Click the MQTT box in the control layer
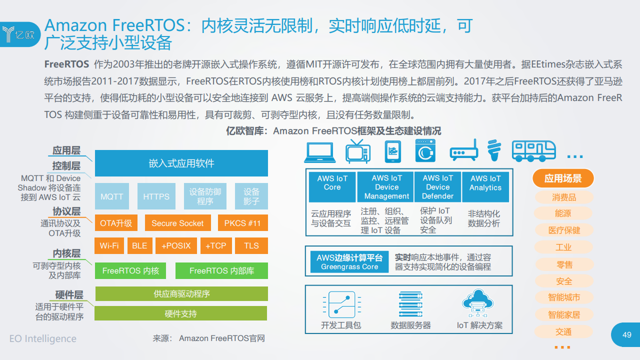(x=111, y=196)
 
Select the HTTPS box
(x=156, y=196)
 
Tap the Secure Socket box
(x=177, y=223)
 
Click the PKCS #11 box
(x=243, y=223)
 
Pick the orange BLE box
(x=139, y=245)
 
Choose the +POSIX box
(x=176, y=245)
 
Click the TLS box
(x=251, y=245)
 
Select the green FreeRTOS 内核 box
(x=130, y=270)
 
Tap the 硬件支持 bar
(x=181, y=313)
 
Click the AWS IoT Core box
(x=332, y=187)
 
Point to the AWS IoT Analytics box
(x=485, y=187)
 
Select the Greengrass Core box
(x=349, y=261)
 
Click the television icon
(x=358, y=151)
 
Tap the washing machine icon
(x=425, y=151)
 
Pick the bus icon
(x=533, y=151)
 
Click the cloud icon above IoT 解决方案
(x=477, y=303)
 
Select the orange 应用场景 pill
(x=563, y=178)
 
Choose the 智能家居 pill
(x=564, y=314)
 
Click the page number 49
(x=627, y=334)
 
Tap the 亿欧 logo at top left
(x=19, y=34)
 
